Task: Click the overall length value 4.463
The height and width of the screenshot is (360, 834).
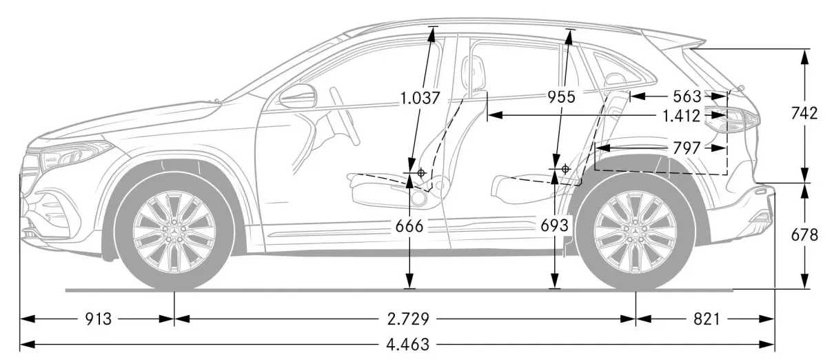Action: [x=407, y=344]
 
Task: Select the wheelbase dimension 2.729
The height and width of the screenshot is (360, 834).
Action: [x=408, y=319]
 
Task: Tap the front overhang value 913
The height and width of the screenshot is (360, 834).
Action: [x=99, y=319]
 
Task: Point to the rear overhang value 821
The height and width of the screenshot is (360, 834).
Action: [x=706, y=319]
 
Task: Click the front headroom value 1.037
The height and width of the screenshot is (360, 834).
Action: [x=420, y=99]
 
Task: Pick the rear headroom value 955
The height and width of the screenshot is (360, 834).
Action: [x=562, y=97]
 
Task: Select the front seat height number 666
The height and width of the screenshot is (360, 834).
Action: [x=409, y=226]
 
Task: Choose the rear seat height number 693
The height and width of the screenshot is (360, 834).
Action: [x=554, y=225]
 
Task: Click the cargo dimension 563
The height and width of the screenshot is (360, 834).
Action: [x=687, y=97]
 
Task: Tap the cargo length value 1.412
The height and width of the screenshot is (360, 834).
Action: [x=682, y=117]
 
